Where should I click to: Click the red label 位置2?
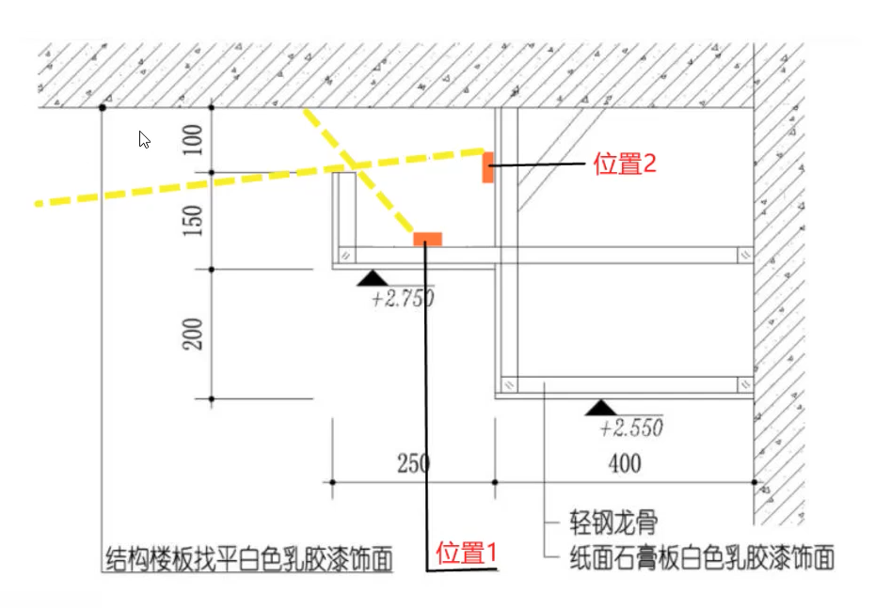click(625, 164)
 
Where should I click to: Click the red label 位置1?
click(467, 552)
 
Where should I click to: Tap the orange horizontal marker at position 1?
click(427, 239)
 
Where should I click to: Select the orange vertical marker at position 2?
click(488, 166)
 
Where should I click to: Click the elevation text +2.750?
click(403, 300)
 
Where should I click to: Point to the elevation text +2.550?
click(630, 429)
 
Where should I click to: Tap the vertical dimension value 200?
click(193, 333)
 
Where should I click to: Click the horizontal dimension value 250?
click(414, 463)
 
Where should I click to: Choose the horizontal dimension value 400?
click(624, 463)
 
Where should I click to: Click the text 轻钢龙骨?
click(613, 522)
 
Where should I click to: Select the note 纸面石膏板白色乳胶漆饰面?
click(702, 559)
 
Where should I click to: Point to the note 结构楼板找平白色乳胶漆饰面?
click(247, 559)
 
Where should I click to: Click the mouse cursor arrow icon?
click(145, 140)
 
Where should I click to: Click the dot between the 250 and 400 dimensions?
click(496, 482)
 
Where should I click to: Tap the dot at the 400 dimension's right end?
click(754, 482)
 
